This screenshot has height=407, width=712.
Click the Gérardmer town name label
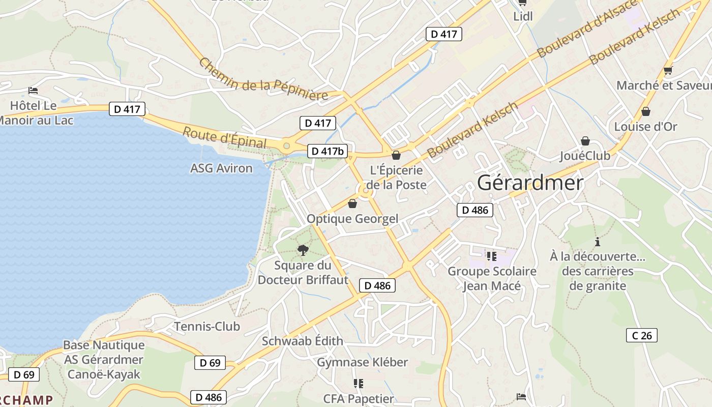click(530, 183)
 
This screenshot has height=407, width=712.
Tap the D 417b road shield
click(328, 151)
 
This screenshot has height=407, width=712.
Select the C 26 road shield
click(641, 335)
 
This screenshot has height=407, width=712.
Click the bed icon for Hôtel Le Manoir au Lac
click(34, 91)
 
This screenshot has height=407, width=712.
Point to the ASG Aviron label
click(221, 168)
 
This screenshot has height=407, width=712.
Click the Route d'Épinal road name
click(224, 138)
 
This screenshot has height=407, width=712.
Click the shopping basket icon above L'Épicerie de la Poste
click(396, 155)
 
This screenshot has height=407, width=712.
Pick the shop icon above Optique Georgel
click(352, 204)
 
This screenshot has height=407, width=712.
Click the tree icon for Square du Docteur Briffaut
click(303, 250)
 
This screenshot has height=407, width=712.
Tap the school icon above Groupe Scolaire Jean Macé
click(491, 256)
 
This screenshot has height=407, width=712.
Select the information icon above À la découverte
click(598, 242)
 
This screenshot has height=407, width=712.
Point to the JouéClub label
click(585, 156)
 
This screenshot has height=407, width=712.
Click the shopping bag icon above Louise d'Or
click(645, 111)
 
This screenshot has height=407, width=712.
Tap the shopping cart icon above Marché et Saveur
click(668, 71)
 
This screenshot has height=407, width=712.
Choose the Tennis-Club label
click(207, 326)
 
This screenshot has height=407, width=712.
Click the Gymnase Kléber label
click(362, 362)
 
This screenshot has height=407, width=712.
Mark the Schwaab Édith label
click(302, 341)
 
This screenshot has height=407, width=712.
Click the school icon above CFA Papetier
click(359, 383)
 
